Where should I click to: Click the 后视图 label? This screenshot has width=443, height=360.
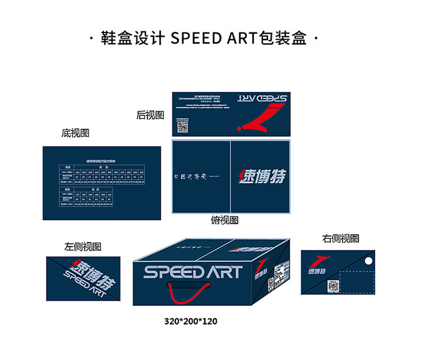pyautogui.click(x=150, y=115)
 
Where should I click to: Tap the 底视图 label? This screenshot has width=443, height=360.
pyautogui.click(x=75, y=133)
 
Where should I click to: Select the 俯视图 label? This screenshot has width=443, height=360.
pyautogui.click(x=224, y=220)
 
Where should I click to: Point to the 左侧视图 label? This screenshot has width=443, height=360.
pyautogui.click(x=83, y=247)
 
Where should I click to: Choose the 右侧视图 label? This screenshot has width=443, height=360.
pyautogui.click(x=341, y=238)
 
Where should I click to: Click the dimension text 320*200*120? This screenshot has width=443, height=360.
pyautogui.click(x=191, y=322)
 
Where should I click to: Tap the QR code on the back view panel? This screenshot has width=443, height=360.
pyautogui.click(x=183, y=126)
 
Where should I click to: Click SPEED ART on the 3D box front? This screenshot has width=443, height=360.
pyautogui.click(x=193, y=272)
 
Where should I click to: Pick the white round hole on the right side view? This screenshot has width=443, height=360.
pyautogui.click(x=368, y=261)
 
